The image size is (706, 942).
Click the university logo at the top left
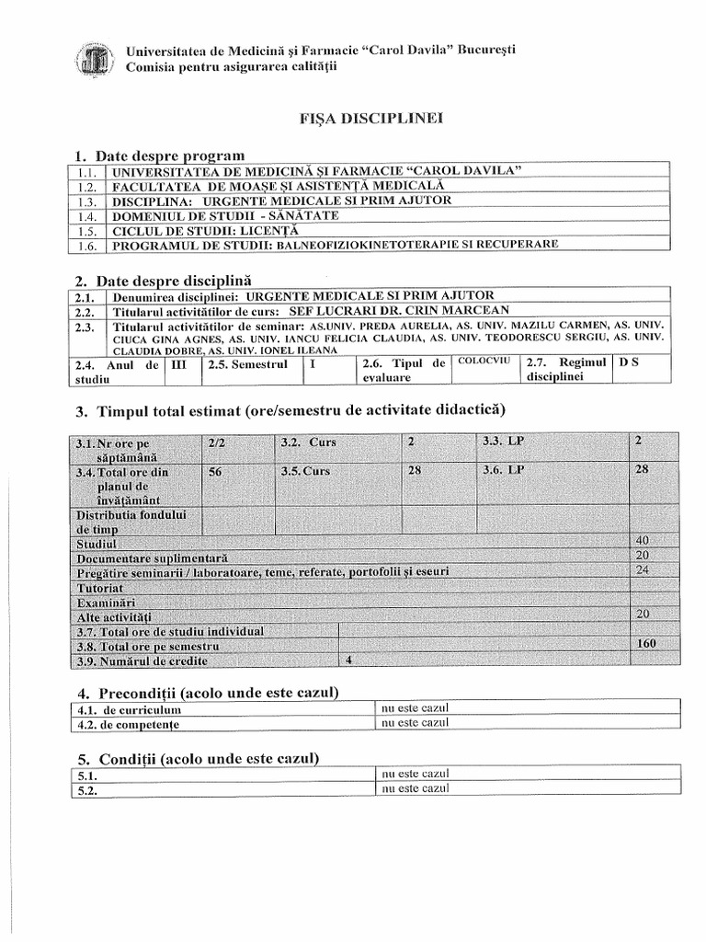(x=92, y=61)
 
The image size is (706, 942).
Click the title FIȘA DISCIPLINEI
(x=352, y=120)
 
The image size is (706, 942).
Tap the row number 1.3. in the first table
(x=87, y=201)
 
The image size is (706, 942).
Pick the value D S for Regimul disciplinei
(x=629, y=362)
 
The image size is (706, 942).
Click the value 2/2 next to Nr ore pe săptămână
(x=217, y=442)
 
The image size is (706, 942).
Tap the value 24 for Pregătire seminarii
(x=642, y=570)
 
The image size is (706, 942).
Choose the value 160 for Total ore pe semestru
(x=645, y=644)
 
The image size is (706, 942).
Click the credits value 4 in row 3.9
(x=347, y=661)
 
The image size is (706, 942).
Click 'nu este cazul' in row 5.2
(x=414, y=789)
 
